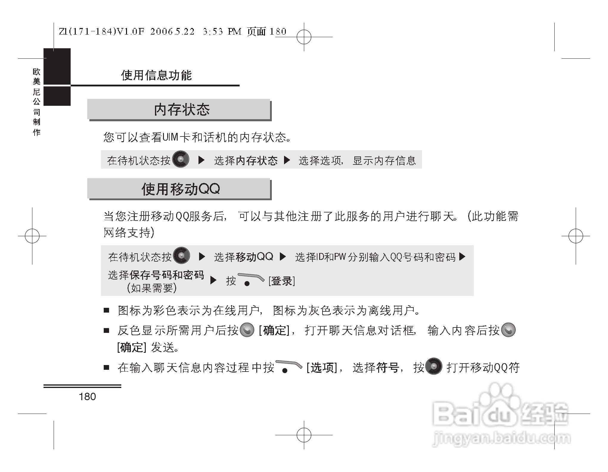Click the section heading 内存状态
tap(182, 110)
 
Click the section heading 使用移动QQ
tap(181, 189)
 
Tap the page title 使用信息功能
tap(156, 75)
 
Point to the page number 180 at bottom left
tap(87, 397)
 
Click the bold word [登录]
tap(282, 281)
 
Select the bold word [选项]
tap(322, 368)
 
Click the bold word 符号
tap(387, 368)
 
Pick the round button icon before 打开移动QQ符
tap(434, 366)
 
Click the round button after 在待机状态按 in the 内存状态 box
tap(181, 159)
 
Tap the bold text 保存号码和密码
tap(167, 275)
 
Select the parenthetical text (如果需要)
tap(152, 288)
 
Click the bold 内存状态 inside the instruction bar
tap(257, 161)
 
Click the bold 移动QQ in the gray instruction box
tap(254, 257)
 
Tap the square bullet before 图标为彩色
tap(106, 311)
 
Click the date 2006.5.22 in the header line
tap(172, 32)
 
